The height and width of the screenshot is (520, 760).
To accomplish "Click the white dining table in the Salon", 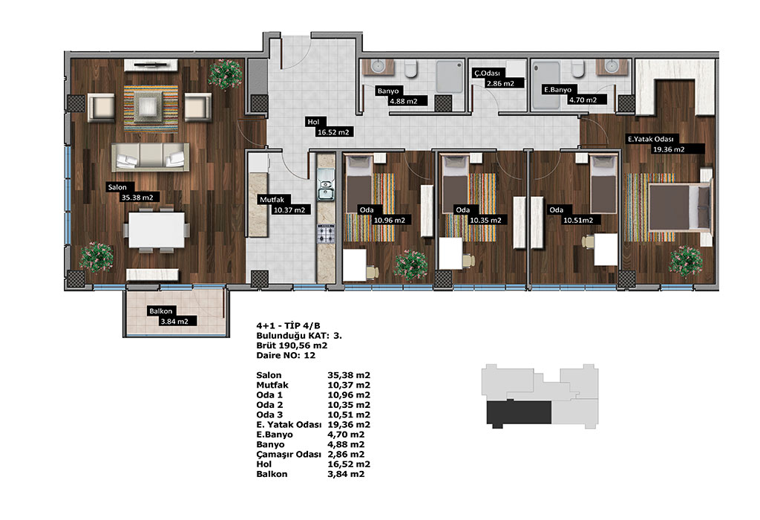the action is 157,230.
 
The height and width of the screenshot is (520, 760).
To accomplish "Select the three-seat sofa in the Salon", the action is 150,157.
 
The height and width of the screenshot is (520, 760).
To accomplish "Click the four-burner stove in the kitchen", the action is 326,234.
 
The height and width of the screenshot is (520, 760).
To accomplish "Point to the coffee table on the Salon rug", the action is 150,107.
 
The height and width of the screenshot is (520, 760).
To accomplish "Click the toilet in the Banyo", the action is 411,68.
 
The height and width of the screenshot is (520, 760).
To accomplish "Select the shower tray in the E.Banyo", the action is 546,85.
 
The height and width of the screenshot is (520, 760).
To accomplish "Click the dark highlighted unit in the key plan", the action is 519,413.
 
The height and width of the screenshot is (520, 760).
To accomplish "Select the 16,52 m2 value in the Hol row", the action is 349,464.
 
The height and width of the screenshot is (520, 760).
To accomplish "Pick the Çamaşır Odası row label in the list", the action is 289,455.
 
